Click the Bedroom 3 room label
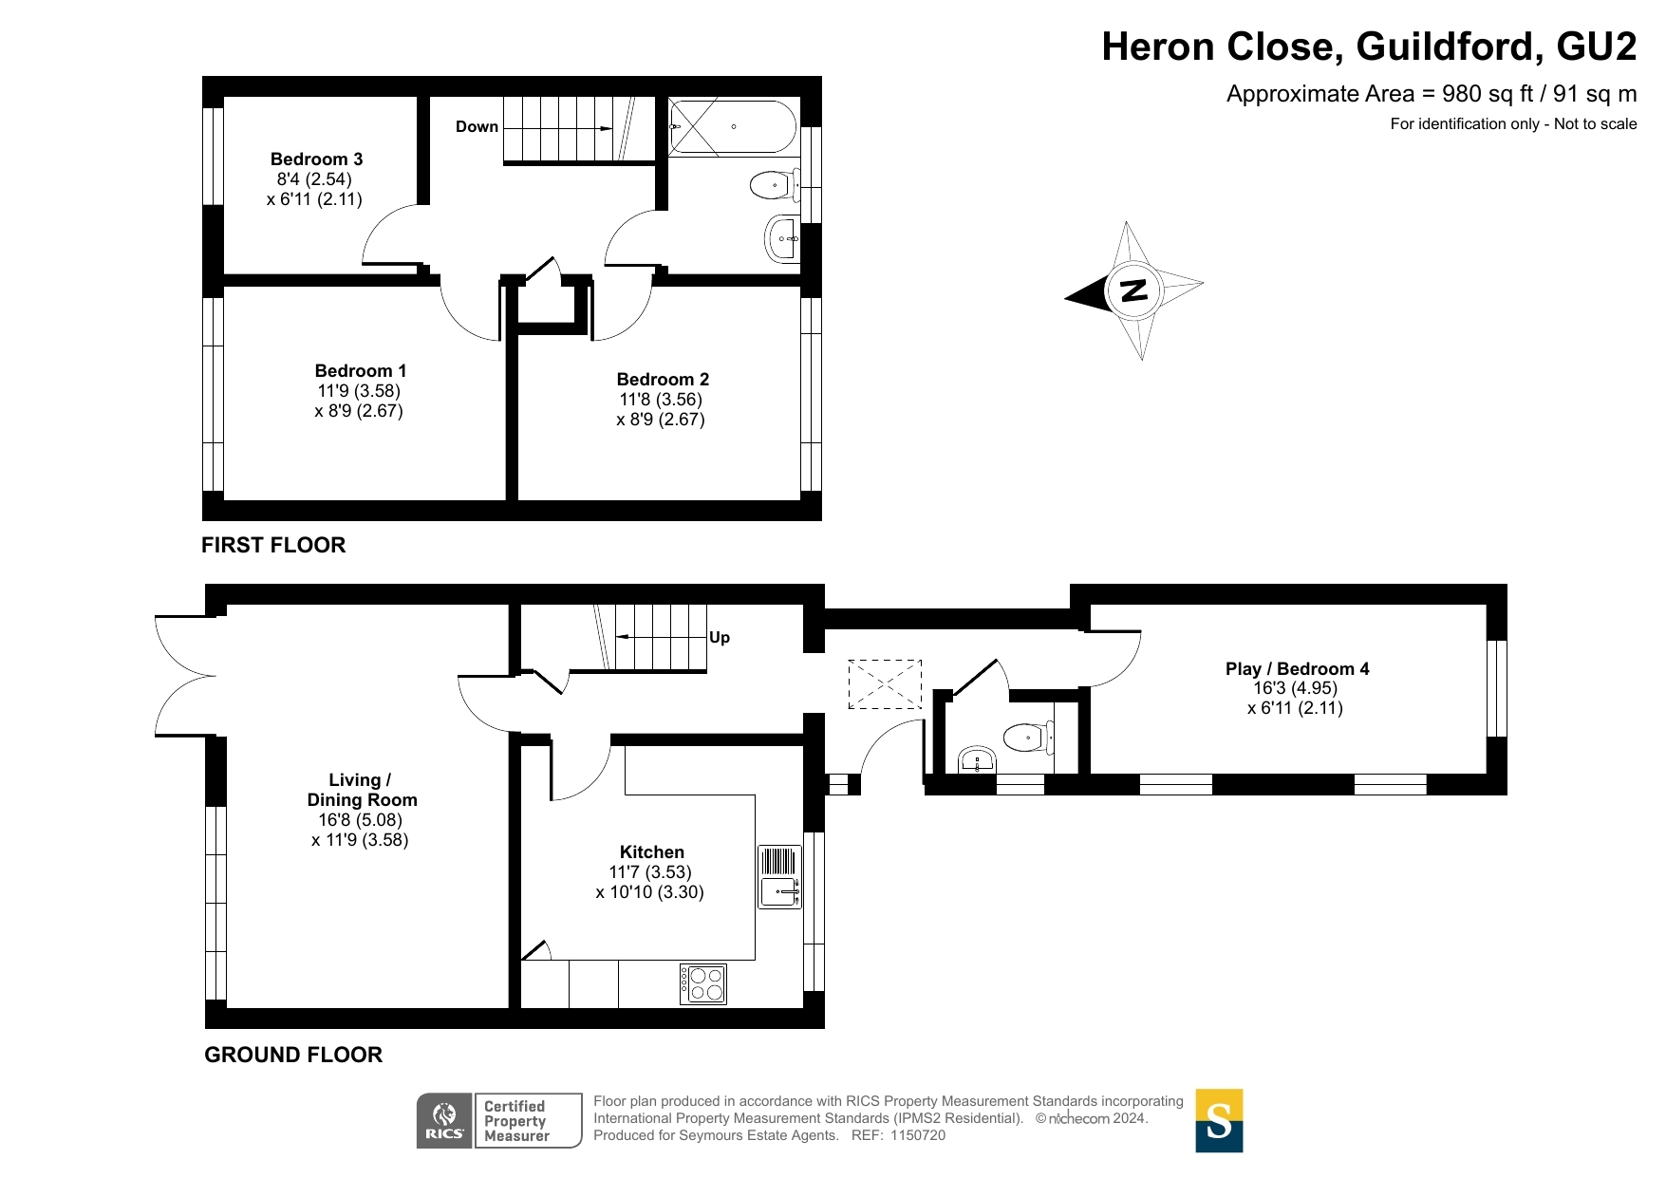[x=316, y=159]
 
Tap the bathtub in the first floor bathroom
[x=732, y=127]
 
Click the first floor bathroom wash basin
[x=782, y=238]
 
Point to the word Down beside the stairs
[x=477, y=127]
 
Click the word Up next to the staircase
[x=720, y=638]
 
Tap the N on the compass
[x=1133, y=290]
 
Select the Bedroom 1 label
[x=360, y=371]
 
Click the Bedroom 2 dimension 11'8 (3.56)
[x=661, y=400]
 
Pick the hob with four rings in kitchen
[x=703, y=983]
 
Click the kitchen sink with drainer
[x=780, y=877]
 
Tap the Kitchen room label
[x=651, y=852]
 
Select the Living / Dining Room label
[x=362, y=790]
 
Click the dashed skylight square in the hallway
[x=884, y=684]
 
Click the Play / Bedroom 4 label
[x=1297, y=669]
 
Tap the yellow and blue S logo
[x=1219, y=1121]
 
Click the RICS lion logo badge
[x=444, y=1121]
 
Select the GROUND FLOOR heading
[x=293, y=1055]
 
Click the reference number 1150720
[x=917, y=1135]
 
